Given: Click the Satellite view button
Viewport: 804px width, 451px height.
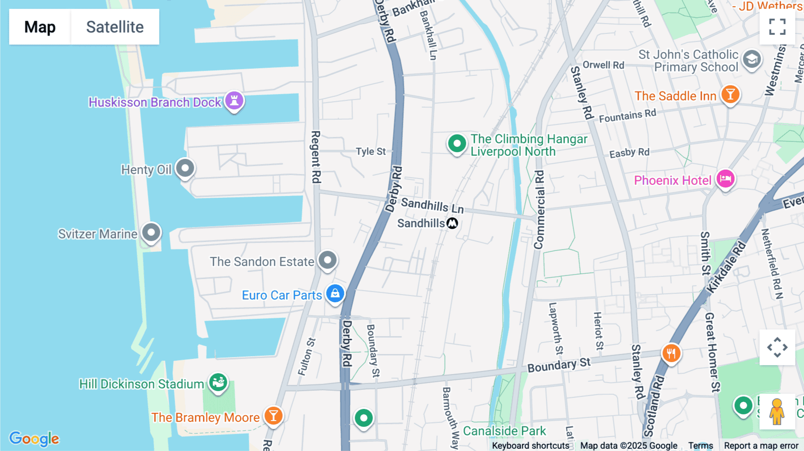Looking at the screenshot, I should click(115, 27).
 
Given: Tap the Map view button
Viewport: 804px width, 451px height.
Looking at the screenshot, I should click(40, 27).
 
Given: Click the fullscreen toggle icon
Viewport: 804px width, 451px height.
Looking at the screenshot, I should click(777, 27).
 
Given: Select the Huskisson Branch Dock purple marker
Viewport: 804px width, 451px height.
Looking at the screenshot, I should click(234, 100).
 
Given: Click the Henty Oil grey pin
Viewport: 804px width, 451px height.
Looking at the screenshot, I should click(185, 168).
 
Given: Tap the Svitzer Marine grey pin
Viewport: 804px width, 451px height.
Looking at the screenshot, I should click(151, 232).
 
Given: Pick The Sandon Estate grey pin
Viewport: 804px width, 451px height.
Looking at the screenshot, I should click(327, 259).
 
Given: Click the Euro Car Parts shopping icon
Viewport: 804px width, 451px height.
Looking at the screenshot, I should click(335, 293).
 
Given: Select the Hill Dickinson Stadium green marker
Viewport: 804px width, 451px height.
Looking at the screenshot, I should click(218, 382).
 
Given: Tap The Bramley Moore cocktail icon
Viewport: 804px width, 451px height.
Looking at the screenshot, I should click(273, 416).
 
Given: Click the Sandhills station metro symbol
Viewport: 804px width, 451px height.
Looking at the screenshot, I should click(452, 223).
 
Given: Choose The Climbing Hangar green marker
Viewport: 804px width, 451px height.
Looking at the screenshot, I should click(456, 144).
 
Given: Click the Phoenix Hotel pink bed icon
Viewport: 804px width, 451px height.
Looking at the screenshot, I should click(725, 179).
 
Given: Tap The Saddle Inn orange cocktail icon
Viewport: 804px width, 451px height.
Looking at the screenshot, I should click(730, 95).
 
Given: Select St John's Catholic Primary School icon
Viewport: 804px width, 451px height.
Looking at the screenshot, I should click(752, 59).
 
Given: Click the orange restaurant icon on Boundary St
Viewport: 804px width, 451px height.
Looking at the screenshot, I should click(671, 354).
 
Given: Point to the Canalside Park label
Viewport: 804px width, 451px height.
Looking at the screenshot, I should click(504, 431).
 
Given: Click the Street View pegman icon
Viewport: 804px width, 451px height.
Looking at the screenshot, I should click(777, 411).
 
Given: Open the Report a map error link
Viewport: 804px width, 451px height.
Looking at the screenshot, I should click(761, 446).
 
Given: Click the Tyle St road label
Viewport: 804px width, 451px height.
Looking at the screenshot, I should click(370, 151).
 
